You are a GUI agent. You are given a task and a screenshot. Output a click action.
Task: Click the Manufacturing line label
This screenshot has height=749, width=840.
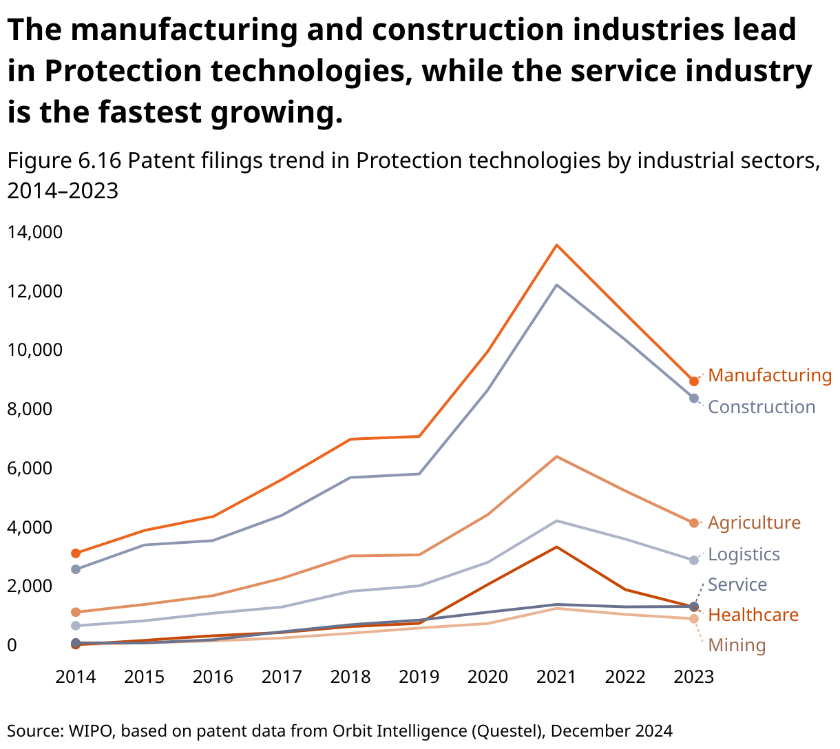[x=770, y=375]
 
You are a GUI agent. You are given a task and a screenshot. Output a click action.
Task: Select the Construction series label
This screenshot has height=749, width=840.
[x=762, y=407]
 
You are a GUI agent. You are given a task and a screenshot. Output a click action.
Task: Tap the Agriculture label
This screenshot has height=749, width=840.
[x=754, y=523]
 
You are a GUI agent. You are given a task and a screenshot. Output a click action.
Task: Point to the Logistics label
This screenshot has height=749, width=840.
[x=744, y=554]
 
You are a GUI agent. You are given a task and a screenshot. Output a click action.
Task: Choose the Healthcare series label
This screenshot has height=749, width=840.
[x=753, y=615]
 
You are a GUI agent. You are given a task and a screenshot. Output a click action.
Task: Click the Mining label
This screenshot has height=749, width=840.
[x=737, y=645]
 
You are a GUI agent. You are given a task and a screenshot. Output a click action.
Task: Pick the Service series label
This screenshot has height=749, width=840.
[x=737, y=584]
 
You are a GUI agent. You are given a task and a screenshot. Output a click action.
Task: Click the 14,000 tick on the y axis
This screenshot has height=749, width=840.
[x=34, y=232]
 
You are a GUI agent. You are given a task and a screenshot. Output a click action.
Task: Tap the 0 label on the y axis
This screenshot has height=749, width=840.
[x=12, y=645]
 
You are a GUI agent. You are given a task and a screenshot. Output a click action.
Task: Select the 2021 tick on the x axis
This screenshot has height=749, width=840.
[x=556, y=677]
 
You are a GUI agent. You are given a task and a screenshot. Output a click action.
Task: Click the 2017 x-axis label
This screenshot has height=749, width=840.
[x=282, y=677]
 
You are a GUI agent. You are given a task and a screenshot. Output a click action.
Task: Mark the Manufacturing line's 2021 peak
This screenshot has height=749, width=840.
[x=556, y=245]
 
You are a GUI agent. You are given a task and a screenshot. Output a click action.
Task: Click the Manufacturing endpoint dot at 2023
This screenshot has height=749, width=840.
[x=694, y=381]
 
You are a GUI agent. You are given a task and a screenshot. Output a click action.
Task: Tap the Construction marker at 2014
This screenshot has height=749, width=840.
[x=76, y=569]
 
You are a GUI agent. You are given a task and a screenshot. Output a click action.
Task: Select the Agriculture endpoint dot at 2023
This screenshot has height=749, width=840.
[x=694, y=523]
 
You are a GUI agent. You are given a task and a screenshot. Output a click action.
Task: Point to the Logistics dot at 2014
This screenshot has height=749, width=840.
[x=76, y=626]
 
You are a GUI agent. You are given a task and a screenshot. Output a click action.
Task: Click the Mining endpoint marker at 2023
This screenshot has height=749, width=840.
[x=694, y=619]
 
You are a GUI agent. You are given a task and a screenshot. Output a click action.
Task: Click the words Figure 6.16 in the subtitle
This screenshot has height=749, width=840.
[x=64, y=160]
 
